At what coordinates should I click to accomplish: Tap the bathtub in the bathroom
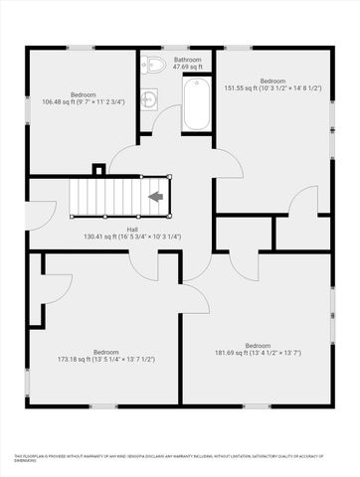(x=195, y=105)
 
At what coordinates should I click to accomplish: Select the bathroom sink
(x=149, y=97)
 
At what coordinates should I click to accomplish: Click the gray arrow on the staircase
(x=155, y=197)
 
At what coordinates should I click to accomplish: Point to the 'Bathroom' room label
(x=188, y=61)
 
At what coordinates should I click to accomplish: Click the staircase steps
(x=109, y=195)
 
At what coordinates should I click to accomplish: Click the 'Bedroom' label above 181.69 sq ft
(x=258, y=345)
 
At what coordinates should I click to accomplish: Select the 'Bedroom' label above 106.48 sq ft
(x=84, y=93)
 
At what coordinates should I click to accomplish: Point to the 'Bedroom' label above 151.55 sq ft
(x=272, y=80)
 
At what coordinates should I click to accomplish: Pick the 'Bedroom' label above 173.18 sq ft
(x=106, y=351)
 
